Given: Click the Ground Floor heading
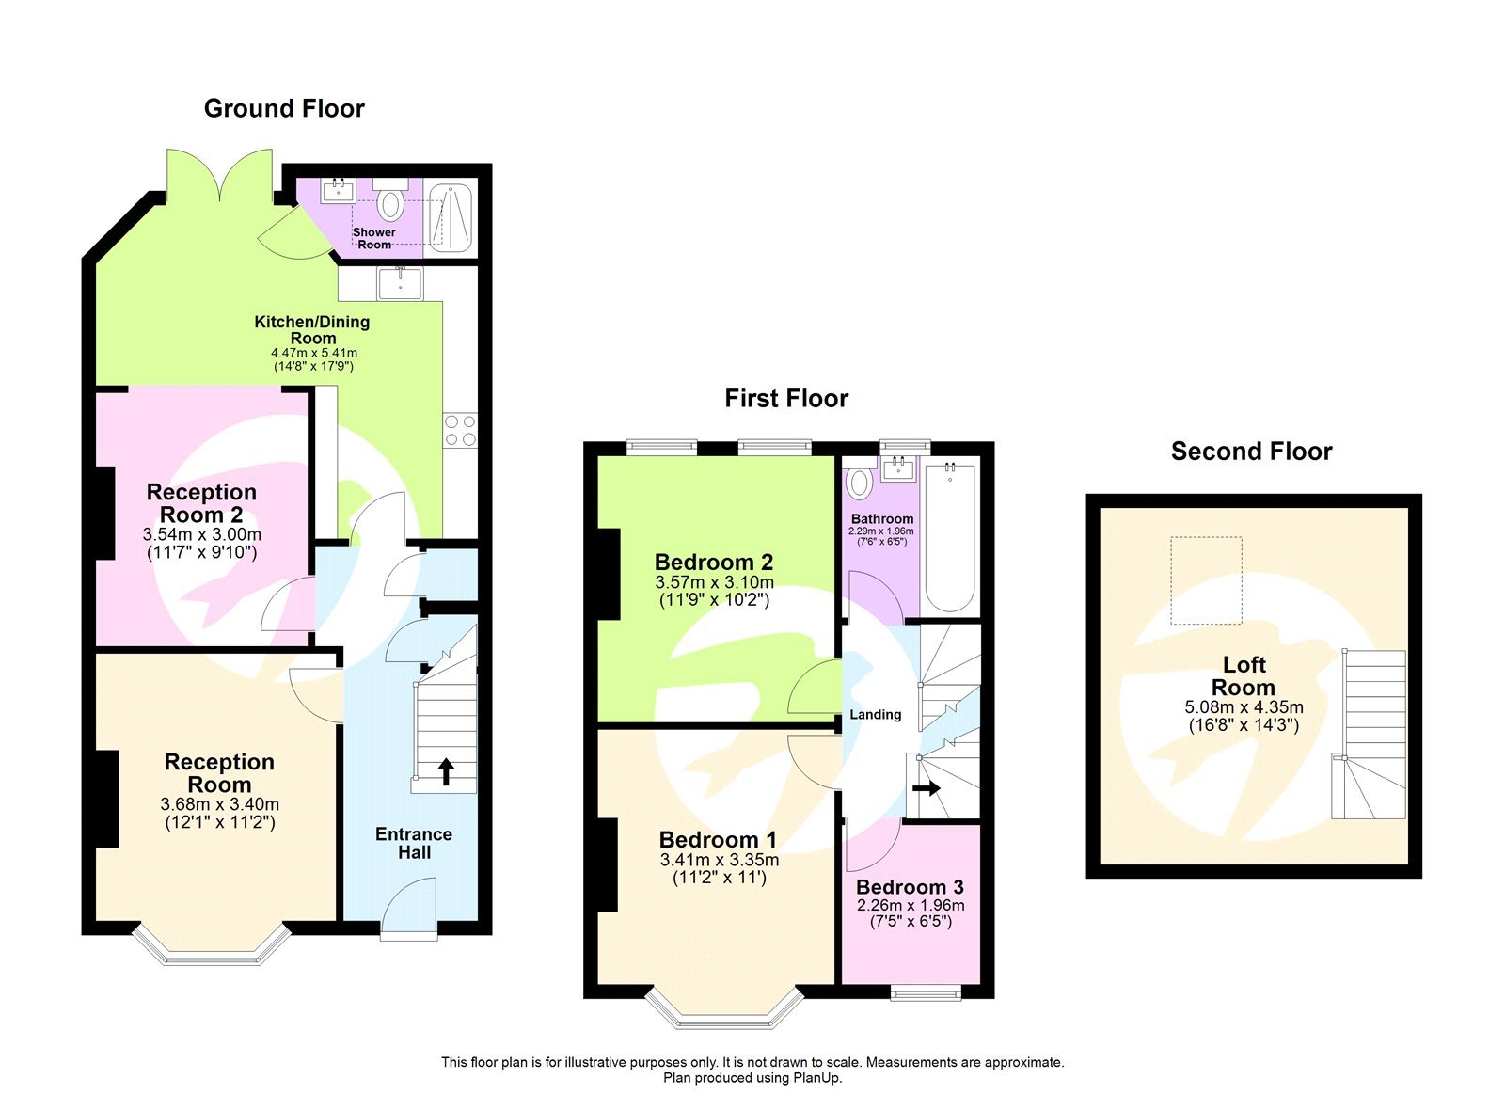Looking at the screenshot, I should [x=284, y=109].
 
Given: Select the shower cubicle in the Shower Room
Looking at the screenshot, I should [x=450, y=218].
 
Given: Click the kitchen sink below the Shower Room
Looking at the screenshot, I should [x=401, y=282].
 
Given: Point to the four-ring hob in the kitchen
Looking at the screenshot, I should [x=460, y=431].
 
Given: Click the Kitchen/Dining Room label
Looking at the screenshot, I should [x=312, y=329].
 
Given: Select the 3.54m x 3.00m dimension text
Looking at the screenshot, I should [x=202, y=534].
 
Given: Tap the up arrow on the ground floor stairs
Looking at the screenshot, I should [x=446, y=772].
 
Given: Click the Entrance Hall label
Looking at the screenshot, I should [x=414, y=843].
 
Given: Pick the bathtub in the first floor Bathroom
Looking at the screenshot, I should [x=951, y=536].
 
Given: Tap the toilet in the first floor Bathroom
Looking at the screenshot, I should [x=859, y=484].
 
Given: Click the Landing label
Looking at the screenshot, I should [x=875, y=715].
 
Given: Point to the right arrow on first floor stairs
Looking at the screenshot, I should [x=927, y=787].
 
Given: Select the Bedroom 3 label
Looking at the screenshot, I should [x=910, y=887].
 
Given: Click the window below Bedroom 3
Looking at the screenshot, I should [x=926, y=991].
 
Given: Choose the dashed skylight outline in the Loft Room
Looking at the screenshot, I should [x=1206, y=580].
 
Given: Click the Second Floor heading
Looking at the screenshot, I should [x=1251, y=452].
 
